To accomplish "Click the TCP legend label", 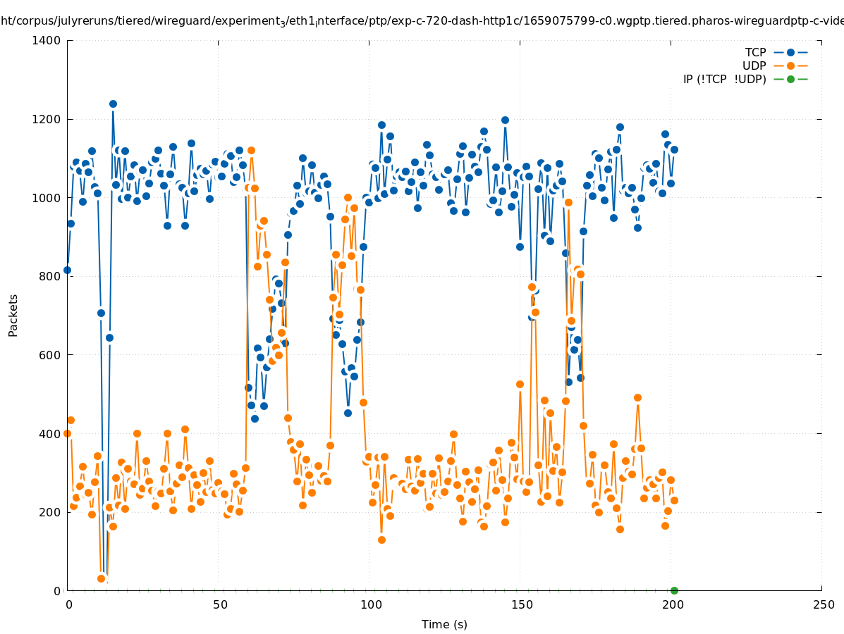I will click(x=757, y=52).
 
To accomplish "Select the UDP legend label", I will click(x=754, y=66).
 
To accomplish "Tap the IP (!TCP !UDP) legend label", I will click(x=724, y=79).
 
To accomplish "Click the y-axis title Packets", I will click(x=13, y=316).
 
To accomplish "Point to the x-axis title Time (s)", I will click(x=444, y=624).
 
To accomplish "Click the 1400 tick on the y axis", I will click(x=46, y=41).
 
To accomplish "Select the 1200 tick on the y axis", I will click(x=46, y=119).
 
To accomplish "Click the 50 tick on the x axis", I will click(x=220, y=604).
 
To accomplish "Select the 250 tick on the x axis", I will click(x=822, y=604).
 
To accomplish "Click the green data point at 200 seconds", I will click(x=674, y=590).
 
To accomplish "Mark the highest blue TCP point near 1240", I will click(x=113, y=104).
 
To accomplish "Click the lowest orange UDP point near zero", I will click(x=101, y=578).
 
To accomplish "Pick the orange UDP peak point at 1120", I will click(x=251, y=150).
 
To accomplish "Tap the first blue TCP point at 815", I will click(x=68, y=270).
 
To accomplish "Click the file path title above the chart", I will click(x=422, y=22).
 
